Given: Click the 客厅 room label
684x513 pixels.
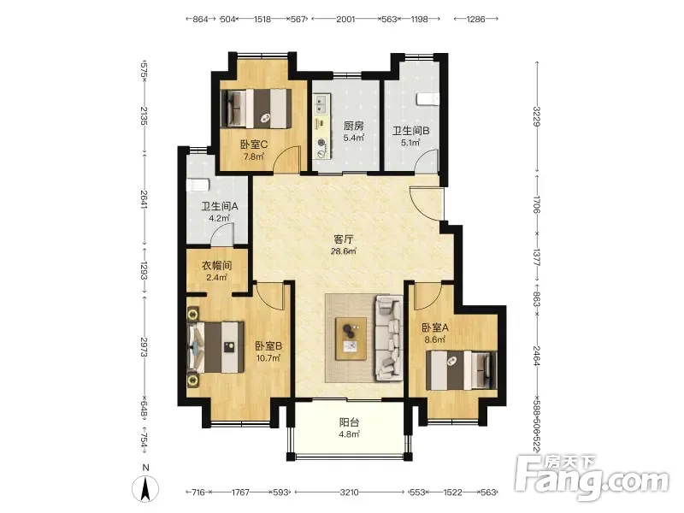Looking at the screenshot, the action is (x=343, y=239).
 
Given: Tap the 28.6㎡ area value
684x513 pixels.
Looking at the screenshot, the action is (x=344, y=251).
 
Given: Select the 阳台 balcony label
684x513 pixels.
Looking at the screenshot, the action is (x=349, y=422).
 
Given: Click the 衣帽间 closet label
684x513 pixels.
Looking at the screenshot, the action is (x=216, y=265).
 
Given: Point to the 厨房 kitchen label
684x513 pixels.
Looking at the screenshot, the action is (x=353, y=126).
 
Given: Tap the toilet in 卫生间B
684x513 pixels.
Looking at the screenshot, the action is (x=427, y=99).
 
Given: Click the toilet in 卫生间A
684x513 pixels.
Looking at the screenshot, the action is (x=198, y=185).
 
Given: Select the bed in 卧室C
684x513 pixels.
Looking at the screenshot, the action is (x=256, y=109).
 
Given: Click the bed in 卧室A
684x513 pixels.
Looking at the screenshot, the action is (x=462, y=370).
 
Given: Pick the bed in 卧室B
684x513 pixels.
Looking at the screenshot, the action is (x=216, y=347).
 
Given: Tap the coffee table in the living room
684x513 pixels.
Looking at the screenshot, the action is (x=351, y=339).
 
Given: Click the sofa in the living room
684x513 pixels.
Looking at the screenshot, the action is (x=389, y=338).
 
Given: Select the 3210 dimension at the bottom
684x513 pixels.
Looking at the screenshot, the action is (x=350, y=492).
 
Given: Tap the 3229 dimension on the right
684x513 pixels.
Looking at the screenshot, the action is (x=537, y=116).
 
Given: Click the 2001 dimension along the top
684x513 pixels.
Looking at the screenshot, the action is (x=345, y=19).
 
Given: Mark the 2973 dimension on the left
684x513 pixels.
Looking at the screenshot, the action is (x=144, y=347).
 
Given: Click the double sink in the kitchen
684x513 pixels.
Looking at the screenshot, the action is (x=322, y=105).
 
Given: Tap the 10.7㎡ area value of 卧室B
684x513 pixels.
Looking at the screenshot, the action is (x=268, y=358).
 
